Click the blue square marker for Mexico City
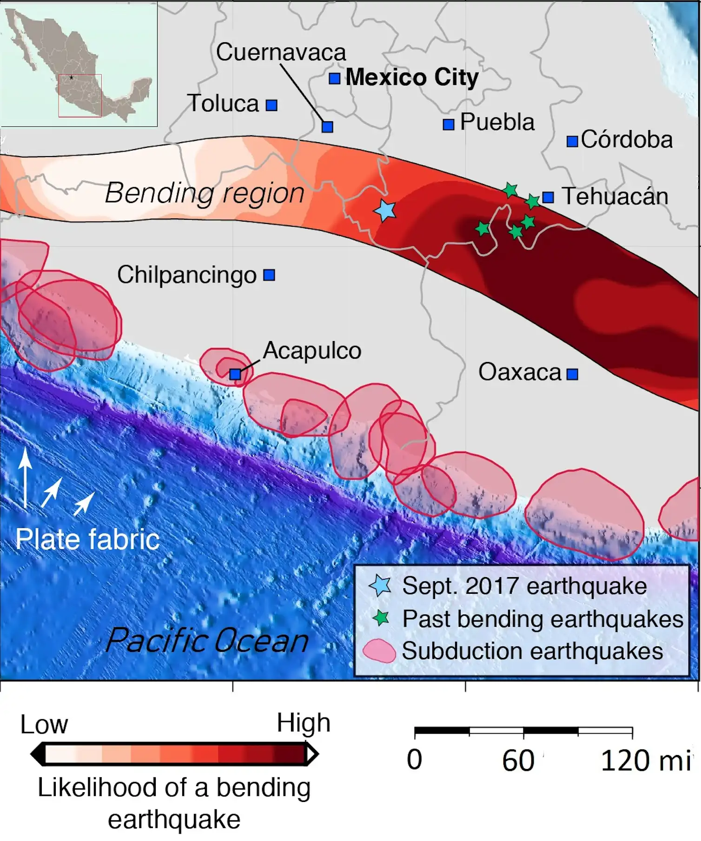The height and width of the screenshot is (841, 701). click(334, 79)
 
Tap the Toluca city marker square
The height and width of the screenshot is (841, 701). click(271, 105)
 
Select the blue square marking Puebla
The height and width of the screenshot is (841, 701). click(448, 124)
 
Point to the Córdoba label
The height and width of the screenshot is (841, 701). click(626, 139)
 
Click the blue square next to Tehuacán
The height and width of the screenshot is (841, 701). click(548, 197)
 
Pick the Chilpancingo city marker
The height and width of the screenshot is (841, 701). click(269, 275)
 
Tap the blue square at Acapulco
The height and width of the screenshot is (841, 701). click(235, 374)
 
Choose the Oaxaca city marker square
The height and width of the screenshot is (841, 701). click(572, 374)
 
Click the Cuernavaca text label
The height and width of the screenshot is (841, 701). click(281, 52)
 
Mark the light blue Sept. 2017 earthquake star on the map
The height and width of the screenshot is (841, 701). click(385, 210)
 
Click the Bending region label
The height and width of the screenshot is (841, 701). click(205, 193)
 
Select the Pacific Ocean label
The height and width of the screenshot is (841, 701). click(207, 641)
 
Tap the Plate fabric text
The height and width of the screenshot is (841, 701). click(87, 539)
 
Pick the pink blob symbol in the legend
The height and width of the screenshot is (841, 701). click(379, 650)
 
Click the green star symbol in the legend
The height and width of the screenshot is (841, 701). click(381, 618)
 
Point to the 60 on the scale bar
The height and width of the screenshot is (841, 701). click(518, 761)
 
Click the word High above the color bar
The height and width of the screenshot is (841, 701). click(303, 723)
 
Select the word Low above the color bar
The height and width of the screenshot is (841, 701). click(44, 724)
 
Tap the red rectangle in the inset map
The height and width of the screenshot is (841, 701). click(79, 95)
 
